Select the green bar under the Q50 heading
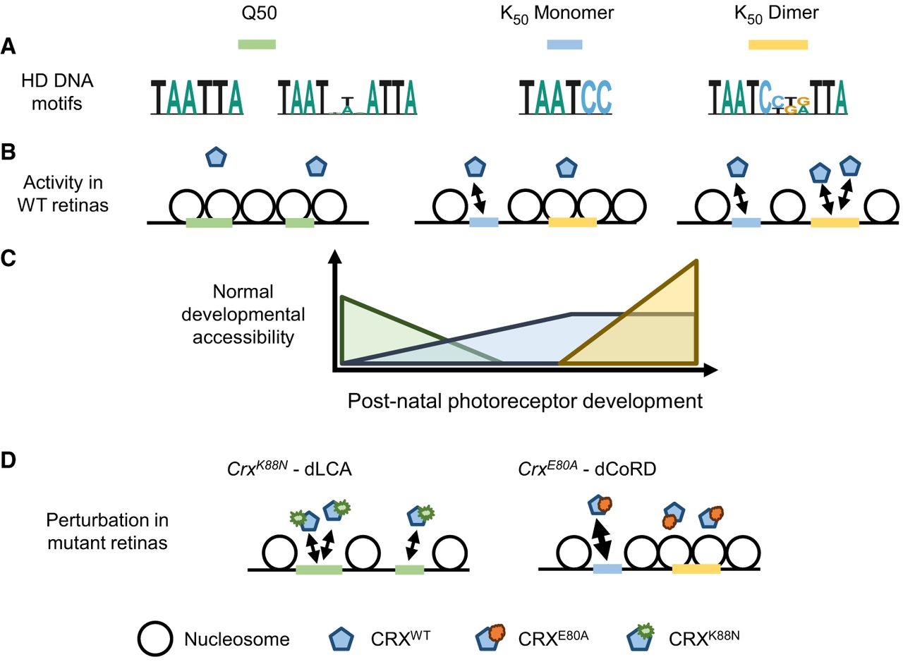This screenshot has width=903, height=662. (x=257, y=44)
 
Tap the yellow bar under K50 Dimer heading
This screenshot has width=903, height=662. (x=777, y=44)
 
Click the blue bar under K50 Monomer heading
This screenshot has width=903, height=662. (x=565, y=44)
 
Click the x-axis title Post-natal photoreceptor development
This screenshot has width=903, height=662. (x=525, y=401)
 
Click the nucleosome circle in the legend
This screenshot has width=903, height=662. (x=156, y=639)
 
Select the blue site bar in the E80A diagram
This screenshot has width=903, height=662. (x=607, y=569)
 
